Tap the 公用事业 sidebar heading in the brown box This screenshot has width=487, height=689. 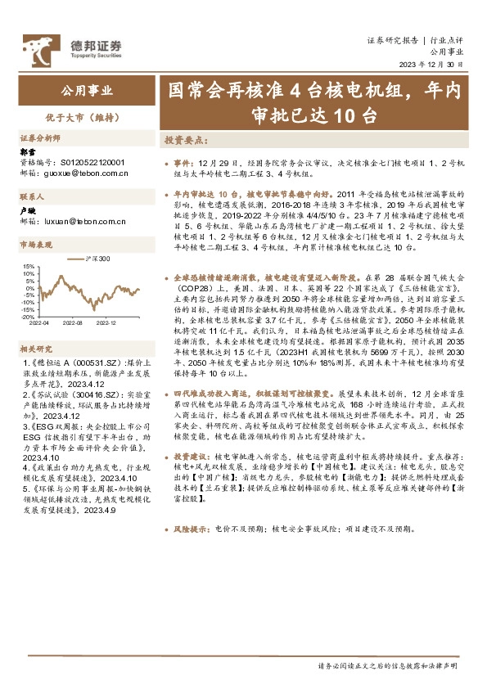point(88,90)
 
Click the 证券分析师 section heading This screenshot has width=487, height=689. point(41,138)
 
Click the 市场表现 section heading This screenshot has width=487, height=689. point(36,245)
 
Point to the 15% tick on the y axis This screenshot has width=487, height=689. point(29,266)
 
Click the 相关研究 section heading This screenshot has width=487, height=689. point(36,347)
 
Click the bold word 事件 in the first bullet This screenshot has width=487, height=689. point(184,164)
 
